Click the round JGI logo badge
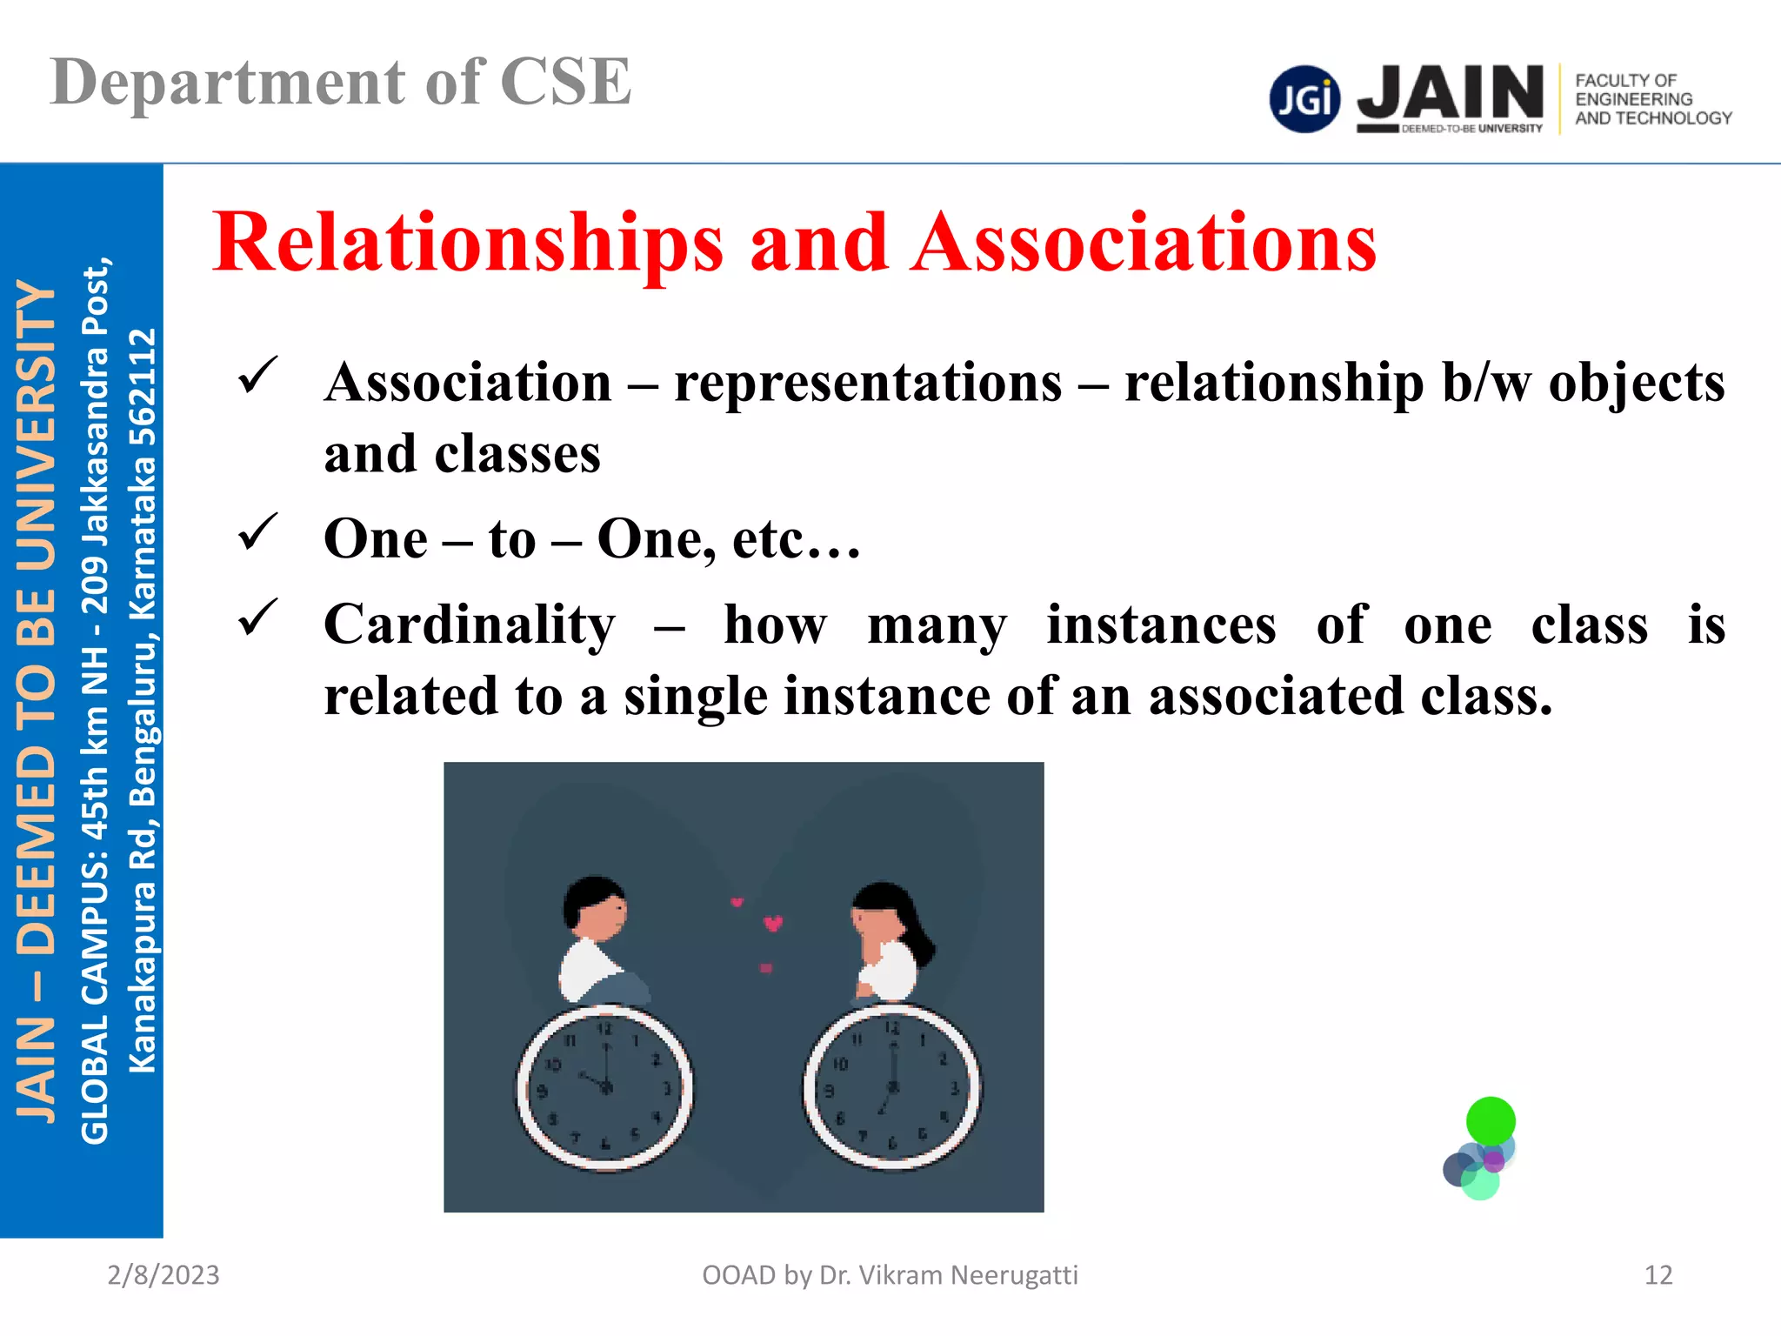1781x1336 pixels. point(1304,99)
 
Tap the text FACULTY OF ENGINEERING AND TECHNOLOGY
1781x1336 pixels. point(1652,99)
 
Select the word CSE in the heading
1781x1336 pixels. point(565,83)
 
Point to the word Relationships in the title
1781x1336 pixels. point(468,244)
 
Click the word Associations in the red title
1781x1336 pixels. point(1144,244)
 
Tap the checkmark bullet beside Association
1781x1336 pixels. point(257,376)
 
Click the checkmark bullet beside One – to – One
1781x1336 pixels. point(257,532)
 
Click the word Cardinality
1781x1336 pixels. point(470,625)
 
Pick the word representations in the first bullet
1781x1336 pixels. point(868,383)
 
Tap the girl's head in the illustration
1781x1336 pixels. point(884,913)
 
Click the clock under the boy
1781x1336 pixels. point(605,1089)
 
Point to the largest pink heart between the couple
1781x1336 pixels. point(773,923)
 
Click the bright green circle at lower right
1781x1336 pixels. point(1491,1120)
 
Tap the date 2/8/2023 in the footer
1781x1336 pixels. point(163,1275)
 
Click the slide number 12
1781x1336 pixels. point(1658,1275)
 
